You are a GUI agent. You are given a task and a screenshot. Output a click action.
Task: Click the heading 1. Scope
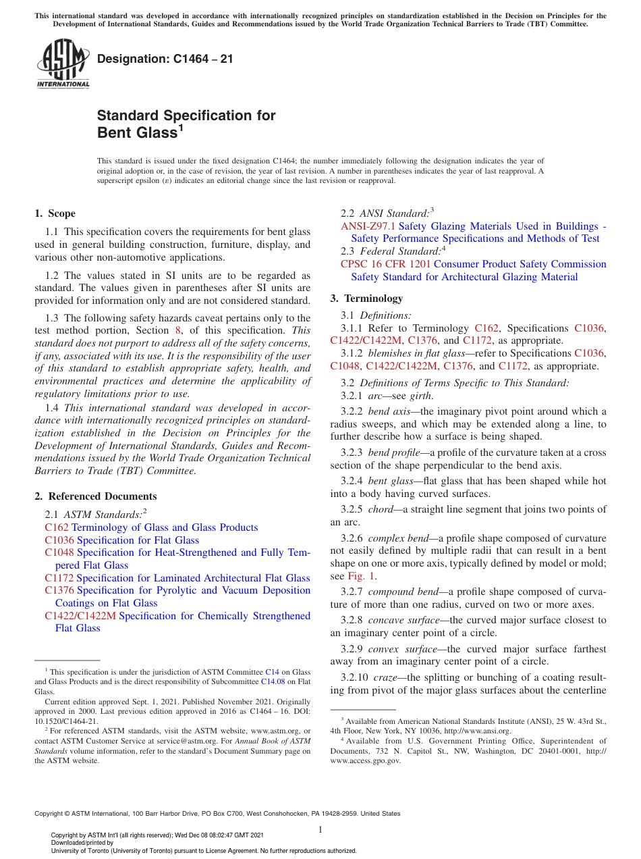point(55,213)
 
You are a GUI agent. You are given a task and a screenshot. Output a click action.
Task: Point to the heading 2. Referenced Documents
point(95,496)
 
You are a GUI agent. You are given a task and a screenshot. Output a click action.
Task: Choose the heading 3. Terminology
point(366,298)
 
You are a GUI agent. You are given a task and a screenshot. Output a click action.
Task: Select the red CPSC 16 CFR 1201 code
point(385,264)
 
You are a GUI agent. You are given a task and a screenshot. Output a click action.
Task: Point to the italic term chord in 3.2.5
point(380,509)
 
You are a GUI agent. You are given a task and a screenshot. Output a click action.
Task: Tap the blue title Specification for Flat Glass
point(138,540)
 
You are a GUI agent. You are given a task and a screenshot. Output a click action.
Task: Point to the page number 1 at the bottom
point(320,829)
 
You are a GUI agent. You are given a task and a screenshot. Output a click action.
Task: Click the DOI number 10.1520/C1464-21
point(66,721)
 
